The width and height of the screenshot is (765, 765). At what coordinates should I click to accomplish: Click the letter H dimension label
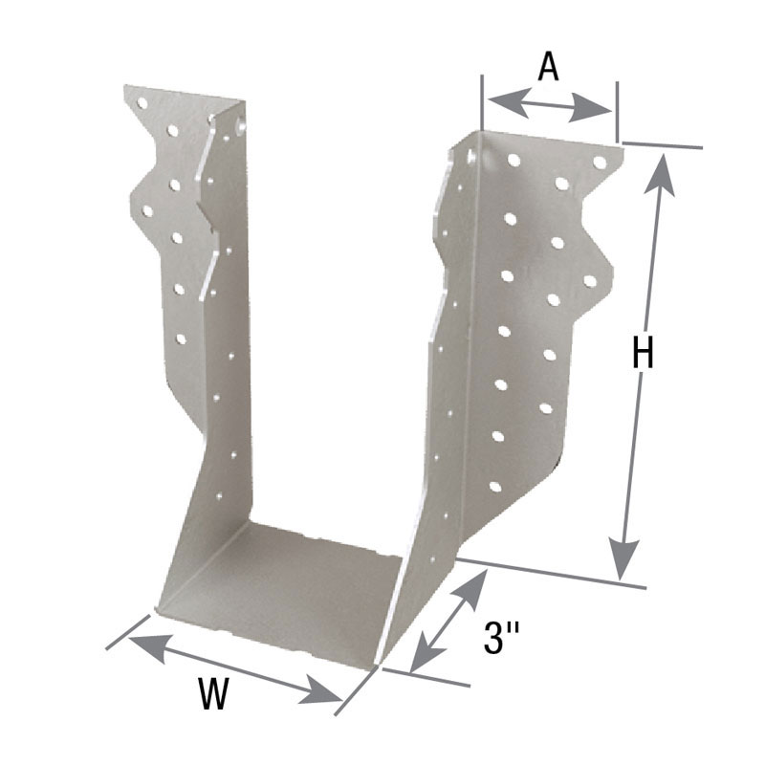(x=643, y=353)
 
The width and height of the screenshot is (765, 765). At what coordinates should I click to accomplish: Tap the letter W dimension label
(x=213, y=693)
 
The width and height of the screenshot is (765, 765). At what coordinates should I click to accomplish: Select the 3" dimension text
(x=500, y=637)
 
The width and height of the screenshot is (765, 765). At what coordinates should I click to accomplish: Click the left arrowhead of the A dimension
(x=509, y=101)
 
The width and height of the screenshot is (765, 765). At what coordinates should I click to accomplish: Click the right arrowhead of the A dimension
(x=590, y=108)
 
